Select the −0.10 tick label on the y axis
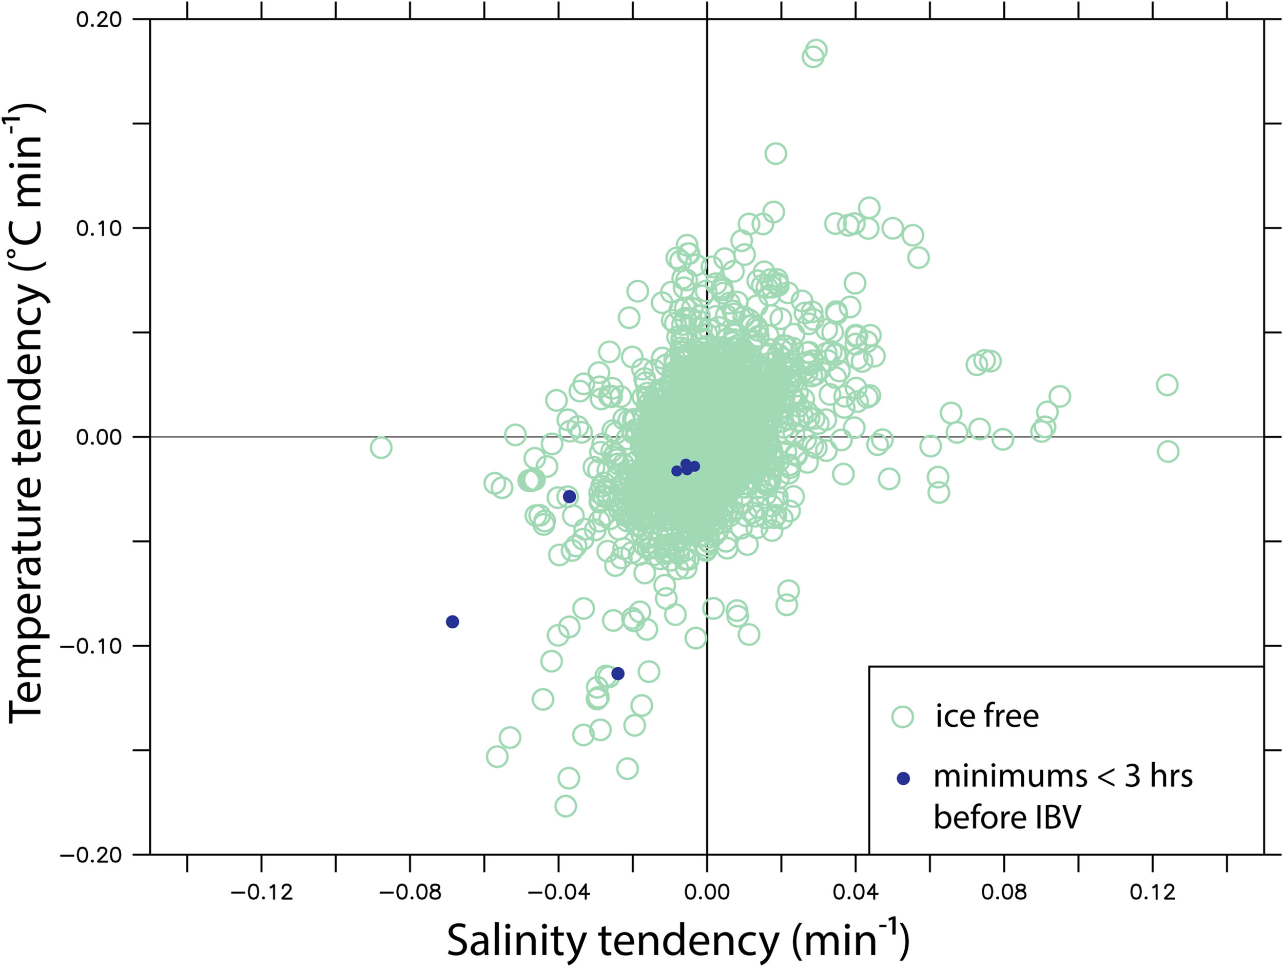click(x=91, y=646)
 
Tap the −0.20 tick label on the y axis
click(x=91, y=855)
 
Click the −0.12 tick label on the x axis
click(x=262, y=892)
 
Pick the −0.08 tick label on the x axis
click(x=410, y=892)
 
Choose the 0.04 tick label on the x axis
click(x=856, y=892)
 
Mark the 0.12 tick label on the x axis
click(x=1153, y=892)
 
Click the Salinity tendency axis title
click(x=677, y=939)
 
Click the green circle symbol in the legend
click(x=903, y=717)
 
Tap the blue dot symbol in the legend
click(x=903, y=779)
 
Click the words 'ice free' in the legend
click(x=986, y=716)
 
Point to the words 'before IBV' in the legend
click(x=1007, y=817)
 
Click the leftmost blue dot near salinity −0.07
click(x=453, y=622)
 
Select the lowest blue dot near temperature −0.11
click(x=618, y=673)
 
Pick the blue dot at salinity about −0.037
click(x=570, y=496)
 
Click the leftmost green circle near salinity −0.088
click(x=380, y=448)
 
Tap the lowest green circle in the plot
click(x=566, y=806)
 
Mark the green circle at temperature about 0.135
click(x=775, y=153)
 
